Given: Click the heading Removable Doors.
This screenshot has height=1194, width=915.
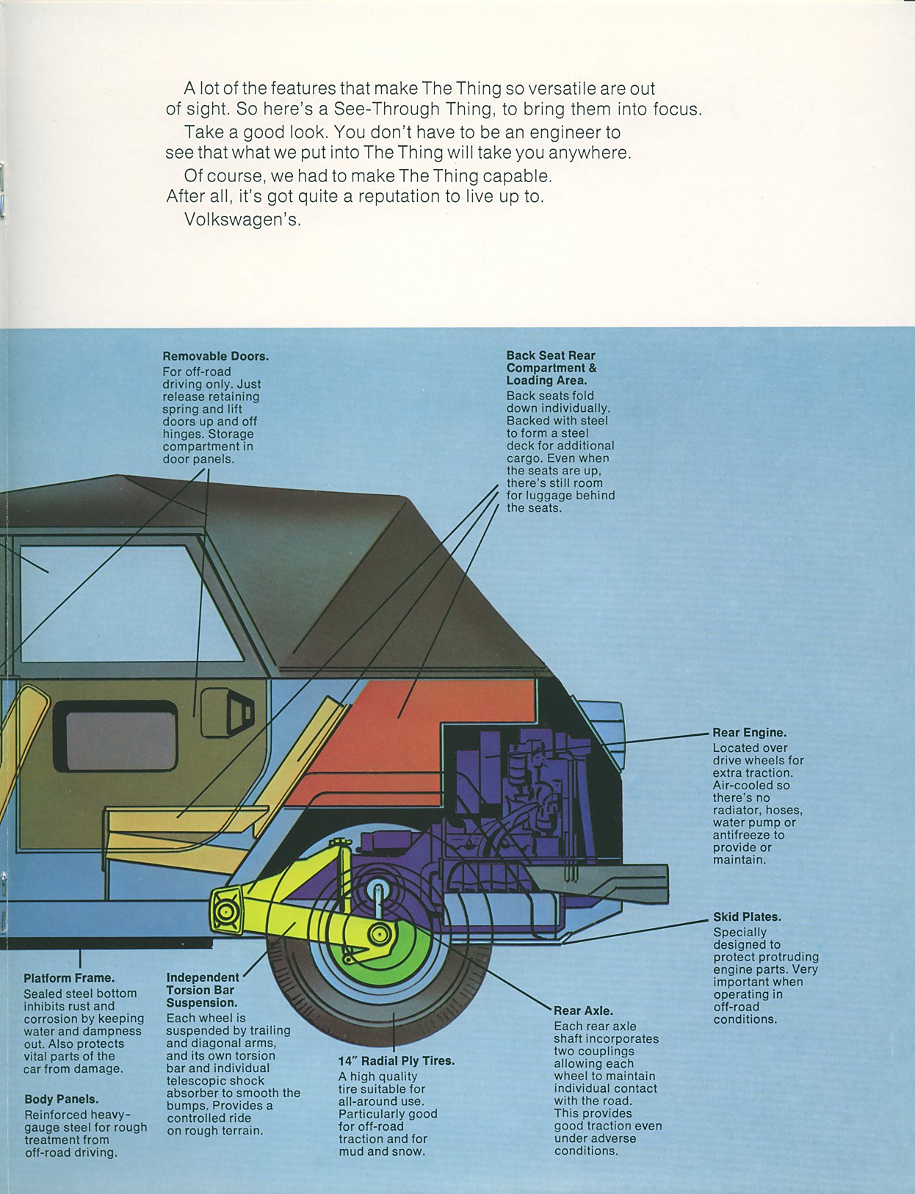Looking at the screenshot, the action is click(x=215, y=356).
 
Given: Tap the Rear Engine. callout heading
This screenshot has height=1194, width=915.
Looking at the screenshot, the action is click(x=749, y=732).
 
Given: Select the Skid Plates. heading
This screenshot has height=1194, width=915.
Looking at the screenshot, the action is click(x=747, y=916).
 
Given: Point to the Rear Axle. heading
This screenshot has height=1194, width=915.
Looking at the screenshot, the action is click(x=583, y=1010).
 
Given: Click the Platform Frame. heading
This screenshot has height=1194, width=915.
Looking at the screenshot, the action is click(x=69, y=978).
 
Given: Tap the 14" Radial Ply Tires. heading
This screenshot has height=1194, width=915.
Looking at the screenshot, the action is click(x=397, y=1060).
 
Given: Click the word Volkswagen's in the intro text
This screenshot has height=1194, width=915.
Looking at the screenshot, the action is click(x=243, y=220).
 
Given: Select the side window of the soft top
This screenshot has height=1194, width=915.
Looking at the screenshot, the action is click(x=126, y=604).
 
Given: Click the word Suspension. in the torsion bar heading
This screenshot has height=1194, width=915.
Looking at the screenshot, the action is click(x=201, y=1003).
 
